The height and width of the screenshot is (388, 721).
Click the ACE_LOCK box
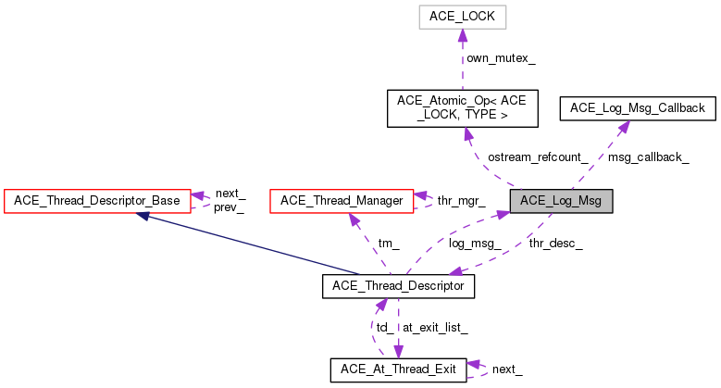click(x=461, y=17)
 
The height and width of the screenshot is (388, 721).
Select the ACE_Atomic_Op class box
click(x=461, y=108)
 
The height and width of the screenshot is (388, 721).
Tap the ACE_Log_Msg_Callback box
click(x=638, y=108)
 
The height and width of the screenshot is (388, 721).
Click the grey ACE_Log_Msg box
click(x=560, y=200)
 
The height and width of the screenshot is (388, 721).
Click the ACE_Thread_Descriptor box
click(x=398, y=287)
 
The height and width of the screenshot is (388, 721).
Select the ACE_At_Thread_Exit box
click(x=398, y=369)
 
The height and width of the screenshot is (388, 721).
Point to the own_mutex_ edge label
click(x=501, y=58)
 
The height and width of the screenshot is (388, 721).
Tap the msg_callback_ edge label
click(x=649, y=156)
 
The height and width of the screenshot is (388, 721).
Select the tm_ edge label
click(x=389, y=244)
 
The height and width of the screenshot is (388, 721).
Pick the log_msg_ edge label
click(x=475, y=244)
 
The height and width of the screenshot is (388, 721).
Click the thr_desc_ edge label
click(x=555, y=244)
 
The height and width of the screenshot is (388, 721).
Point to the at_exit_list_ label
click(x=435, y=328)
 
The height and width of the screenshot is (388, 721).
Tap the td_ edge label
click(x=382, y=328)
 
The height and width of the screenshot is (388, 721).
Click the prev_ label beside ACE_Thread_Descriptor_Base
click(x=230, y=207)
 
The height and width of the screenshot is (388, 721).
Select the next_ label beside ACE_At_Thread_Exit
click(x=507, y=369)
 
